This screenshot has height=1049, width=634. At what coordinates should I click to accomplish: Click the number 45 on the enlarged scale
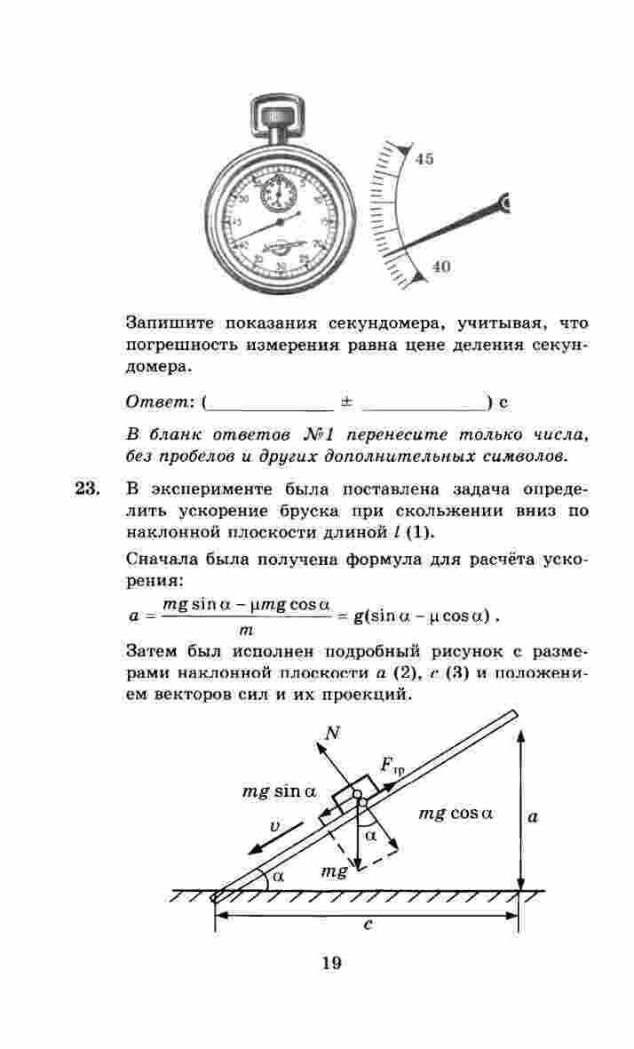[x=424, y=159]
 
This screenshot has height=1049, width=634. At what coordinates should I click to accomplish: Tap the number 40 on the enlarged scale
[x=441, y=266]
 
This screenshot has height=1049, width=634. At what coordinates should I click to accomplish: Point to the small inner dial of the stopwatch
[x=280, y=191]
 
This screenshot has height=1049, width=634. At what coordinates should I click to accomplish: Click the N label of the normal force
[x=333, y=734]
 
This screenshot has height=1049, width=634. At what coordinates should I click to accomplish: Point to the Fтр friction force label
[x=392, y=766]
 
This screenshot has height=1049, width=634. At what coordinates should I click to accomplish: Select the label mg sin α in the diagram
[x=279, y=791]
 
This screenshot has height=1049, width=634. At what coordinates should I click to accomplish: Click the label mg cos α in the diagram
[x=455, y=813]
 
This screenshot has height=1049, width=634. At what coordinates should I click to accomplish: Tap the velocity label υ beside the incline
[x=275, y=826]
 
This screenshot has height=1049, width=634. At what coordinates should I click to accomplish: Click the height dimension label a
[x=532, y=816]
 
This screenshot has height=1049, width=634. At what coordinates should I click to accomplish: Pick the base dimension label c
[x=367, y=925]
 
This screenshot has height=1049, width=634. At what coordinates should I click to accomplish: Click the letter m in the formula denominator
[x=246, y=630]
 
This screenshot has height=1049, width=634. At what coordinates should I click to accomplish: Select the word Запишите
[x=169, y=322]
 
